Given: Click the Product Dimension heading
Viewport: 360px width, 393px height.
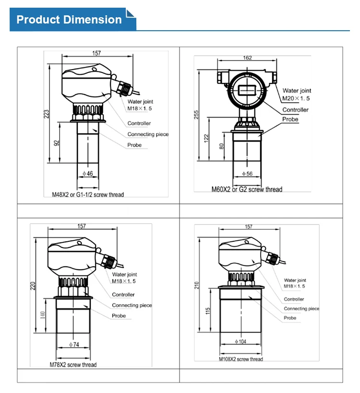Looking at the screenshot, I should click(69, 20).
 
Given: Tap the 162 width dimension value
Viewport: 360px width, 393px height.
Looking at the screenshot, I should click(247, 58).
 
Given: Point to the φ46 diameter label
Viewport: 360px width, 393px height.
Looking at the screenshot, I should click(87, 173).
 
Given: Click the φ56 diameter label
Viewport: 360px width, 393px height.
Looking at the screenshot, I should click(247, 173).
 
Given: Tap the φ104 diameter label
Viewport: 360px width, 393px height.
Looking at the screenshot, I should click(241, 341).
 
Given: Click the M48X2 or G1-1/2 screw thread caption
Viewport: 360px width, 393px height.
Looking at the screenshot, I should click(88, 195).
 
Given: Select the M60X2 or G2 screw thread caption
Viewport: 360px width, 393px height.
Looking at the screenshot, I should click(247, 190).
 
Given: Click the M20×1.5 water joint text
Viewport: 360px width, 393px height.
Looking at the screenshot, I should click(296, 98).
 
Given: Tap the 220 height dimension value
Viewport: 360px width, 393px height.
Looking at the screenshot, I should click(33, 287).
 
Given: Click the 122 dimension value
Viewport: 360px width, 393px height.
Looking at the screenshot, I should click(207, 138).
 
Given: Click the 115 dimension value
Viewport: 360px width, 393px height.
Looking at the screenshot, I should click(207, 311).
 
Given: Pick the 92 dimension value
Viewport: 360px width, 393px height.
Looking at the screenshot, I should click(57, 143).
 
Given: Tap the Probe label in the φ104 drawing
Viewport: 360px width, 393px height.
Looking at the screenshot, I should click(290, 318).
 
